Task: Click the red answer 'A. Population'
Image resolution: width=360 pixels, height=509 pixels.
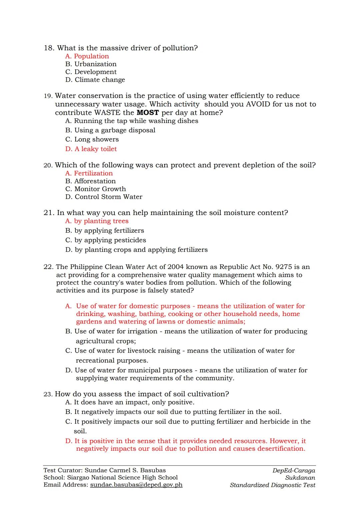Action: point(87,56)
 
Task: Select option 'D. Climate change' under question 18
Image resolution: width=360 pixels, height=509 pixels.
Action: point(95,80)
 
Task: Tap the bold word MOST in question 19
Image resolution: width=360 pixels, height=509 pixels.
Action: point(148,113)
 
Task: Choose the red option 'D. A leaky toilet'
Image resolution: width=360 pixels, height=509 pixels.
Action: point(91,149)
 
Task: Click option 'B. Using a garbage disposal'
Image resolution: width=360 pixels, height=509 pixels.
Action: point(110,130)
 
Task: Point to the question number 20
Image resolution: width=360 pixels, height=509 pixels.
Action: point(48,165)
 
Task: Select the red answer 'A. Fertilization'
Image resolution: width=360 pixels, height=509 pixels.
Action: point(89,173)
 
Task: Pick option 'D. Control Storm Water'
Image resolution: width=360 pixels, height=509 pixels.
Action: point(104,197)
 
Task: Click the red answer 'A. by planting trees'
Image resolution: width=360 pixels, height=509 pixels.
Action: point(97,221)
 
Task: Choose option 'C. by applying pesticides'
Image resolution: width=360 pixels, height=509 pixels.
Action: point(106,240)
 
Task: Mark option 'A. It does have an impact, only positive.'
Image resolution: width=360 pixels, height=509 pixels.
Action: point(130,402)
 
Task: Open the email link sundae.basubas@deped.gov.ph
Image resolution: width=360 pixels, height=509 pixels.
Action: point(136,485)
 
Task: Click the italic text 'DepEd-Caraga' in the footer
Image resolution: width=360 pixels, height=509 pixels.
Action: point(293,471)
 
